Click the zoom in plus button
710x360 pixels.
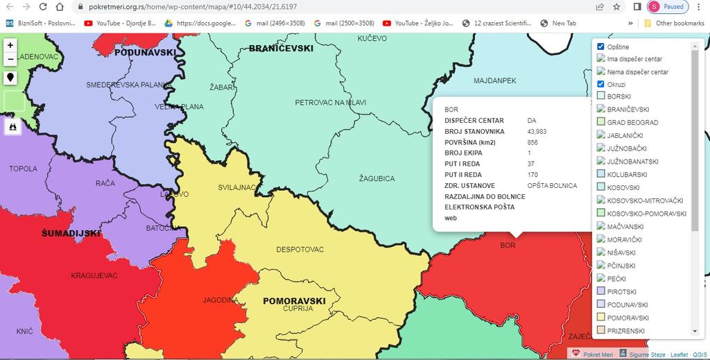tap(10, 45)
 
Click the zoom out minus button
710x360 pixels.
tap(10, 60)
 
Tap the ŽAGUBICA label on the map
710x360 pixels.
tap(376, 178)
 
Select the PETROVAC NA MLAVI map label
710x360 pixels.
tap(330, 103)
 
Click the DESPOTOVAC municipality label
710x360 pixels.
tap(300, 249)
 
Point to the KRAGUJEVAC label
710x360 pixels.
tap(94, 275)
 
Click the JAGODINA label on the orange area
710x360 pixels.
tap(220, 300)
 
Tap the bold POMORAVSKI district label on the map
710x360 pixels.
tap(294, 301)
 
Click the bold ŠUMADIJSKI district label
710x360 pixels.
tap(71, 234)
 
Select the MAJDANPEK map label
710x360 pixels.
tap(494, 81)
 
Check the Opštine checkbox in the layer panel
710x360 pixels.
tap(601, 46)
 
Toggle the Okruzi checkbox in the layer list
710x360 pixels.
tap(601, 84)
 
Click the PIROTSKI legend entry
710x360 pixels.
tap(621, 292)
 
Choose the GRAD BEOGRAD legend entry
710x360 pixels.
tap(632, 123)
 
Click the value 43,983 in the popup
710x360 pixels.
tap(537, 132)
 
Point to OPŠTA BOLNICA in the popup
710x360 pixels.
tap(552, 186)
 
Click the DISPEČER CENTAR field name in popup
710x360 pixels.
tap(474, 121)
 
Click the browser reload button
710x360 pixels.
tap(43, 7)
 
